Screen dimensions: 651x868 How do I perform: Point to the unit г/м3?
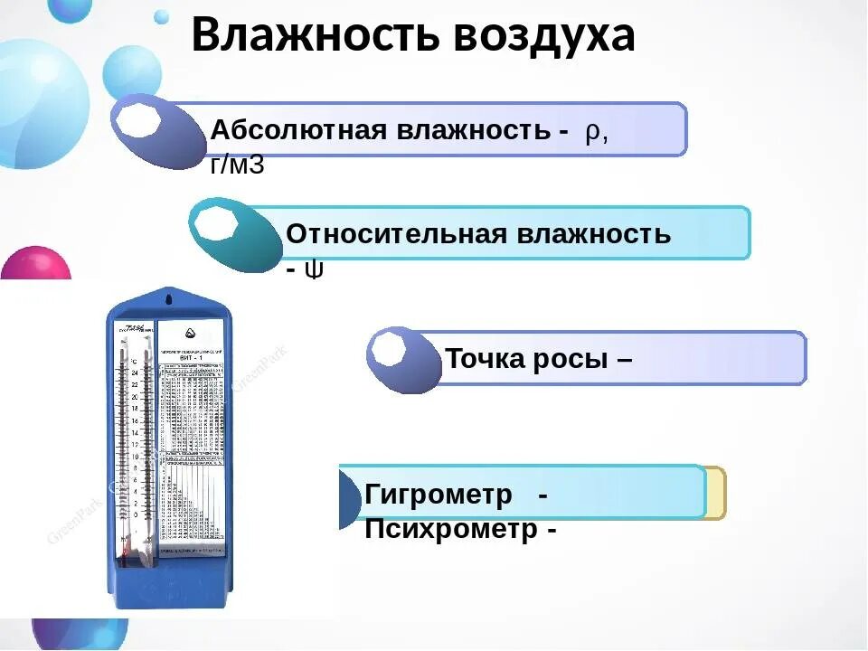[237, 165]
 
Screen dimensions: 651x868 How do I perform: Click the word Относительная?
[398, 234]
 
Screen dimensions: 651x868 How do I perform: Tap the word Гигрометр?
[439, 495]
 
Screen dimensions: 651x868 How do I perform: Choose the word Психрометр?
[451, 529]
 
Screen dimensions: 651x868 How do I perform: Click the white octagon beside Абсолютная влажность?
[139, 118]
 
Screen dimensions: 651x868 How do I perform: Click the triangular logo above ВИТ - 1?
[189, 332]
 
